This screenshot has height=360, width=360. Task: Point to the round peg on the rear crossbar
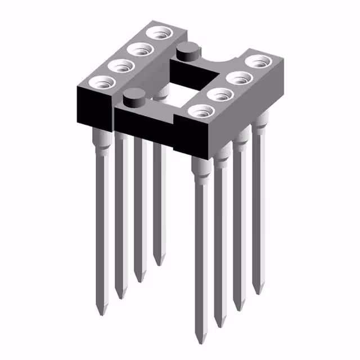[186, 52]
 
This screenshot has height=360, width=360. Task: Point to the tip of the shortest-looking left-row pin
[159, 263]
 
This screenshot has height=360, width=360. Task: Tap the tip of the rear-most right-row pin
[258, 292]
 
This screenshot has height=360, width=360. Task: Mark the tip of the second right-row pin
[219, 325]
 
